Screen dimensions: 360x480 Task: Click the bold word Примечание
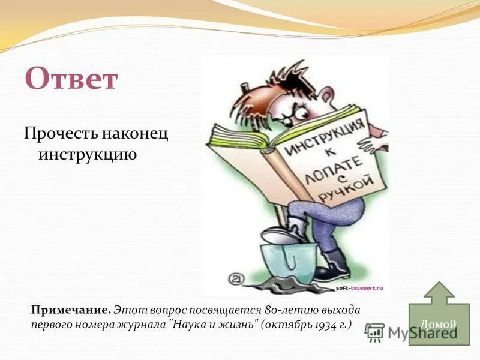point(71,310)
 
